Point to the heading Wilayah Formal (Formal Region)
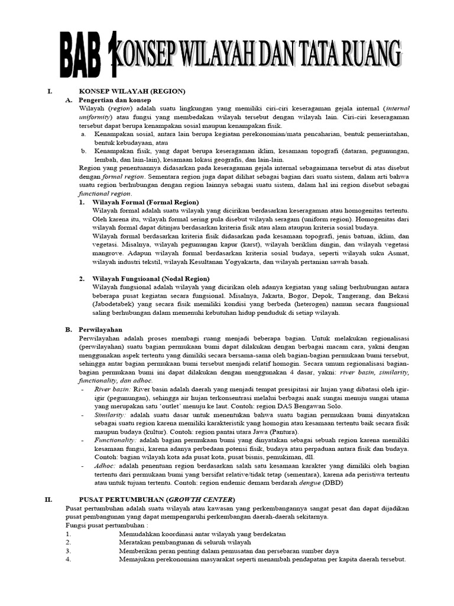tap(145, 202)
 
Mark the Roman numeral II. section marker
tap(50, 499)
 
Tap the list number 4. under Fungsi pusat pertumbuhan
tap(69, 559)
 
